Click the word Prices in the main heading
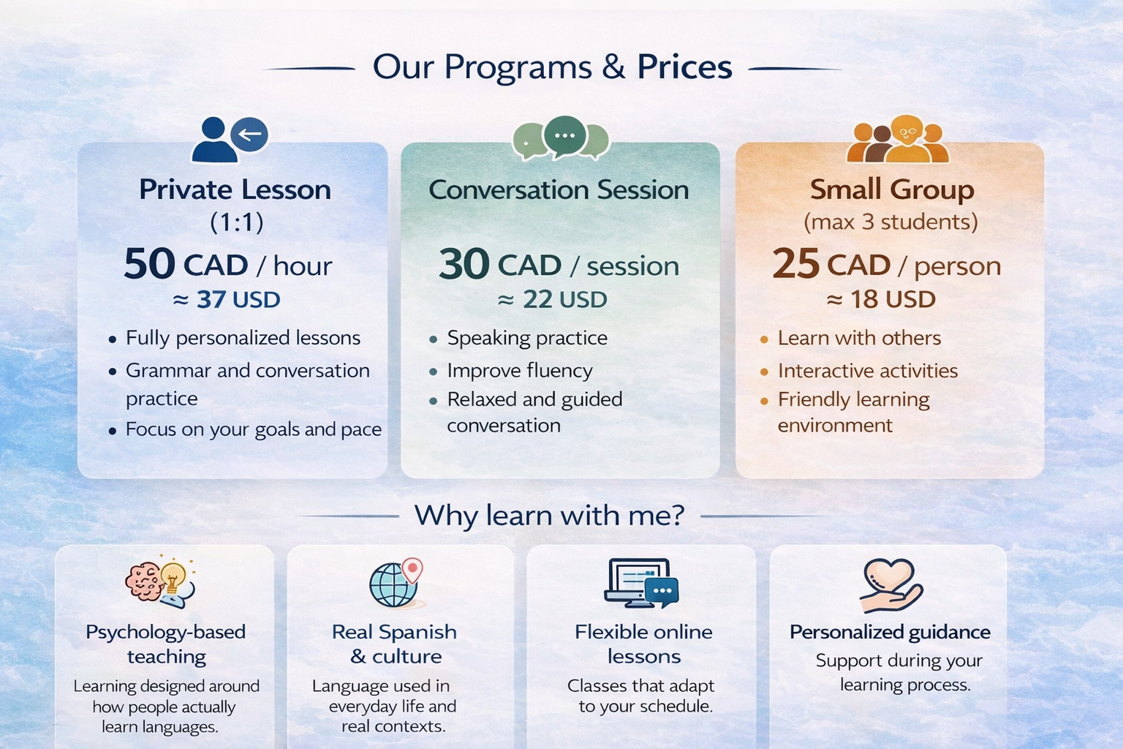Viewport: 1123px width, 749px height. (684, 67)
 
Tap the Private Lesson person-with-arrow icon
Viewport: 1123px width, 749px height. (229, 139)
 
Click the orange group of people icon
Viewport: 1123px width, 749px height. (897, 139)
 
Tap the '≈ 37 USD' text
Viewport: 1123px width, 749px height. (227, 300)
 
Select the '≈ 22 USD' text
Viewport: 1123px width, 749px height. (552, 300)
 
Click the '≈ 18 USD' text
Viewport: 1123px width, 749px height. (881, 300)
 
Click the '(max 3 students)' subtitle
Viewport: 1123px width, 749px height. (891, 222)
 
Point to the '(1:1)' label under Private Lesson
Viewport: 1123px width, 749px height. (236, 222)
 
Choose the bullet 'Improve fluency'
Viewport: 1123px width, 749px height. (519, 371)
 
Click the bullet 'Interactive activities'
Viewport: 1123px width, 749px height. (867, 371)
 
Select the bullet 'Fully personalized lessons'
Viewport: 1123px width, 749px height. (243, 338)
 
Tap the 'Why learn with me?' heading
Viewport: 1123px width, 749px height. (549, 516)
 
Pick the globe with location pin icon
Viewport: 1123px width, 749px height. (396, 584)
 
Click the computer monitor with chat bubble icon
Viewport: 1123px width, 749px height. (641, 584)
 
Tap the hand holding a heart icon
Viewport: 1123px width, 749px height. (890, 585)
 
